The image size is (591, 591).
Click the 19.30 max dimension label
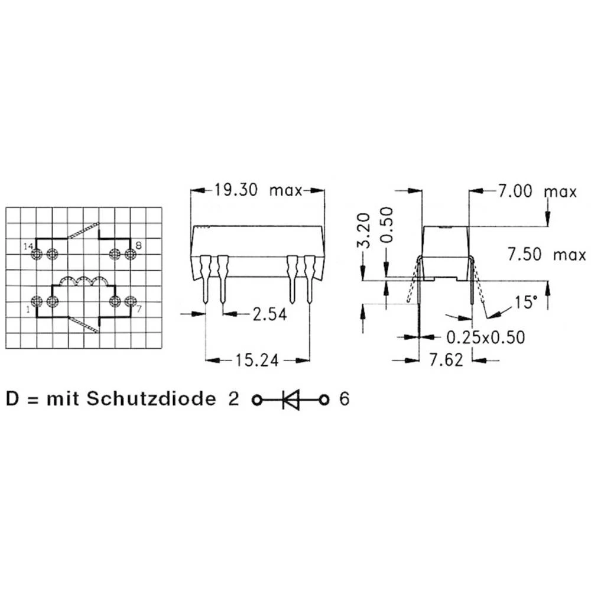pyautogui.click(x=258, y=190)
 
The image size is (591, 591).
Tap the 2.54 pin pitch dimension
pyautogui.click(x=270, y=314)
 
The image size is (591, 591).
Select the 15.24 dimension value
pyautogui.click(x=257, y=361)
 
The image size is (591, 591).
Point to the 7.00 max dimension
pyautogui.click(x=537, y=191)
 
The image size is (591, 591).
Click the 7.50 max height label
pyautogui.click(x=547, y=254)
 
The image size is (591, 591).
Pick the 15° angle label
pyautogui.click(x=526, y=302)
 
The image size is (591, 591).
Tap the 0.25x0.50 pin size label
pyautogui.click(x=485, y=337)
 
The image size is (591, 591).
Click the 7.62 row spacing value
pyautogui.click(x=446, y=360)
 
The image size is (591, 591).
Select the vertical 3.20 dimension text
pyautogui.click(x=363, y=230)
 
